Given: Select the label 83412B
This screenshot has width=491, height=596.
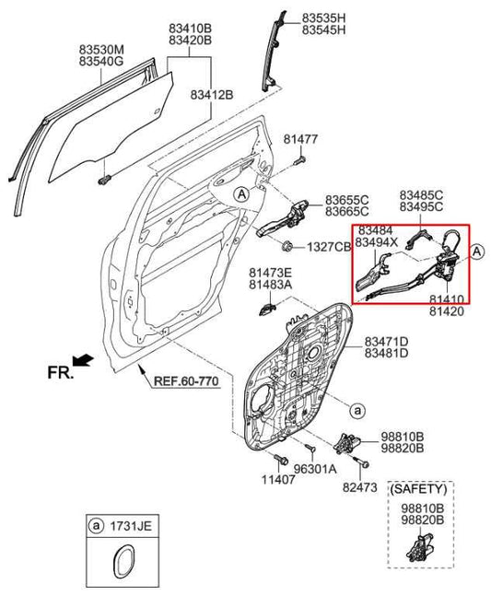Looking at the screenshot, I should tap(213, 94).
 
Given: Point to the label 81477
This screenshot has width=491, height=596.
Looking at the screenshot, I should tap(301, 139).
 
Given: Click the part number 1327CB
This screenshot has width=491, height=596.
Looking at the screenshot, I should tap(329, 247).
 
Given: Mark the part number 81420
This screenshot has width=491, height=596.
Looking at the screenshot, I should tap(446, 312).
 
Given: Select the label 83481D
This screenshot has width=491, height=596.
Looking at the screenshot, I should tap(386, 353).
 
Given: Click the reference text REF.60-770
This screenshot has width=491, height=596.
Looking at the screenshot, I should tap(185, 380).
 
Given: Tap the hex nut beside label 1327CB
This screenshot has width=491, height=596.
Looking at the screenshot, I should tap(286, 246).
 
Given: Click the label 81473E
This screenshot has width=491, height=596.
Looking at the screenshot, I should tap(270, 273).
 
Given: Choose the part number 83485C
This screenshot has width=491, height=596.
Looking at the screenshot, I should tap(421, 195).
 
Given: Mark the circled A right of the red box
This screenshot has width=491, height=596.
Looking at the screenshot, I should tap(477, 251).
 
